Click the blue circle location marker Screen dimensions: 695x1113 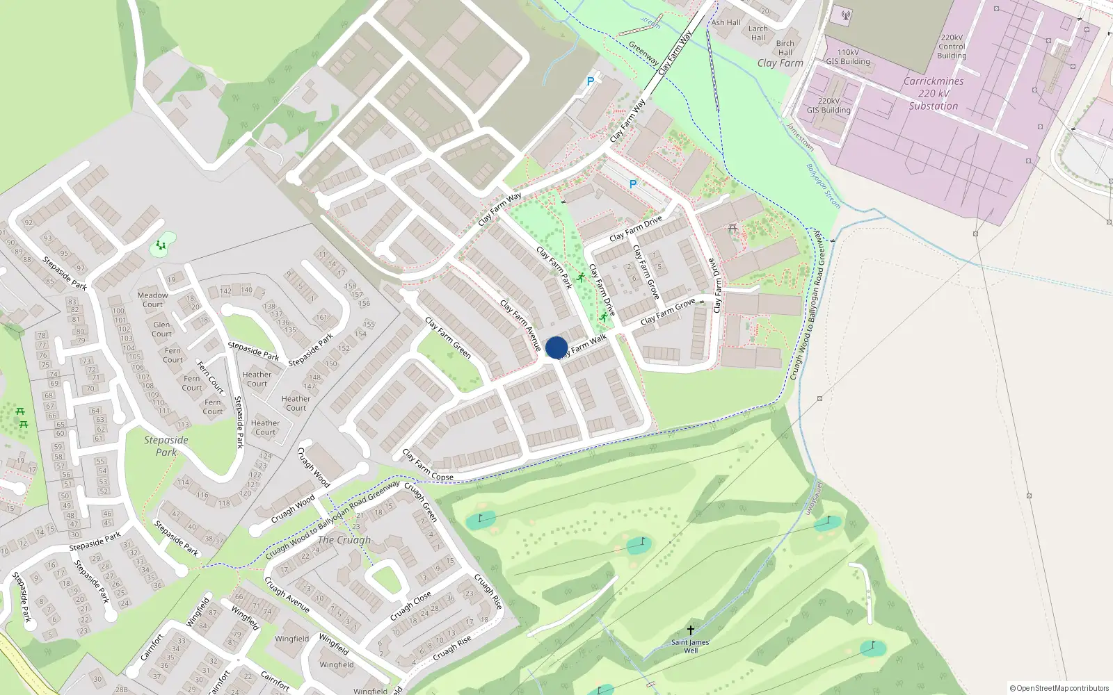pos(556,347)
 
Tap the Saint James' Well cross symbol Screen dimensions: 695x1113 pos(691,630)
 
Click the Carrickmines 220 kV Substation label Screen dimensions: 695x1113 pos(934,94)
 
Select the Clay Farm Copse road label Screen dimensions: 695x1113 pos(428,466)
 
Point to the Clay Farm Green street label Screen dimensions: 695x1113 pos(448,338)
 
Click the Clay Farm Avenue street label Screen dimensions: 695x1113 pos(520,325)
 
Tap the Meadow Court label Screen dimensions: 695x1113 pos(152,300)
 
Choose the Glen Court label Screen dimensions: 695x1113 pos(161,329)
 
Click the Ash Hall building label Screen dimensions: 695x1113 pos(726,22)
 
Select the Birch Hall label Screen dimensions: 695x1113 pos(785,48)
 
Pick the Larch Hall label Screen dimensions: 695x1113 pos(758,33)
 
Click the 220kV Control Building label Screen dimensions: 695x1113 pos(952,47)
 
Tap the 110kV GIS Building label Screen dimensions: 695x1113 pos(848,57)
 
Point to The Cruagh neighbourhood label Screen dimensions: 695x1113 pos(344,540)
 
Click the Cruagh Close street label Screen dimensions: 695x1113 pos(410,606)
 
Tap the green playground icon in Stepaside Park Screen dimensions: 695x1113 pos(161,245)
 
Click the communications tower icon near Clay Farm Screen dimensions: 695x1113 pos(846,15)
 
